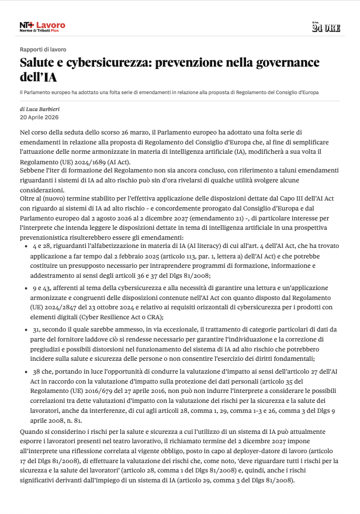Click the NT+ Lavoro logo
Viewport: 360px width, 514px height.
click(42, 26)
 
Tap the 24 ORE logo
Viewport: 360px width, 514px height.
click(326, 27)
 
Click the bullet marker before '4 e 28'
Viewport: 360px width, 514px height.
click(26, 247)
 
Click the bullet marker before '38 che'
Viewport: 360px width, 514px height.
click(26, 372)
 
